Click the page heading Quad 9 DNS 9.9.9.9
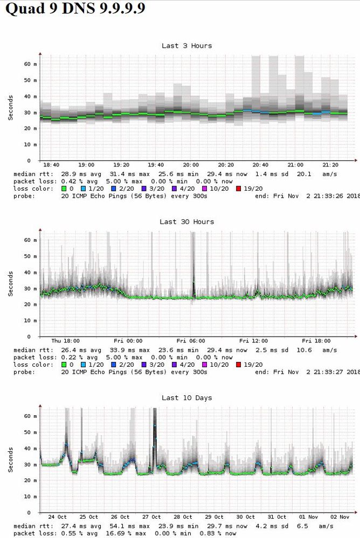[75, 10]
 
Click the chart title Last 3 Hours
[186, 46]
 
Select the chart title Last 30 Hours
[186, 222]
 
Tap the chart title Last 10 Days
[186, 398]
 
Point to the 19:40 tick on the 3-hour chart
[156, 165]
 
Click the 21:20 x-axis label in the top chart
[330, 165]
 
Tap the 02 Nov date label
[338, 517]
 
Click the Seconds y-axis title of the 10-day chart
[11, 460]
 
